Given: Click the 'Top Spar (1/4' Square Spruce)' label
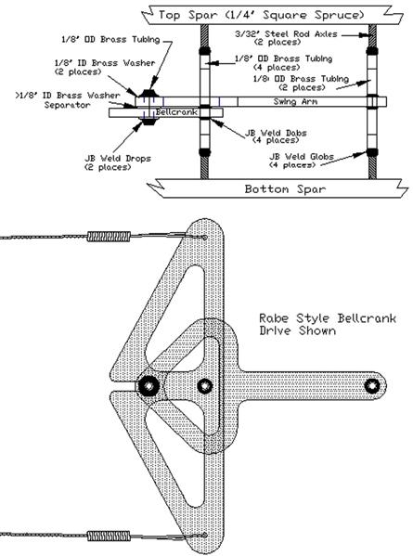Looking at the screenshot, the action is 262,15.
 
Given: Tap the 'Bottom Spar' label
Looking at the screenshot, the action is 285,188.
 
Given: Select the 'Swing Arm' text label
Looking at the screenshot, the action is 295,101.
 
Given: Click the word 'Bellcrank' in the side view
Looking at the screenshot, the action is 176,112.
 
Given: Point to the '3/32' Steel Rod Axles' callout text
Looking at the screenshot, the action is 286,37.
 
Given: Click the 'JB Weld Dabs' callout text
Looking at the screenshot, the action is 276,136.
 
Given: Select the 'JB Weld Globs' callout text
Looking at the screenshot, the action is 302,161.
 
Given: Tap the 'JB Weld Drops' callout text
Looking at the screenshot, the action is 118,162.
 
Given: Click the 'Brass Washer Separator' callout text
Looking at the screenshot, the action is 68,100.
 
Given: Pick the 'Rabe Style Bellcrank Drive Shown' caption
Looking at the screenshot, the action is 328,324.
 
